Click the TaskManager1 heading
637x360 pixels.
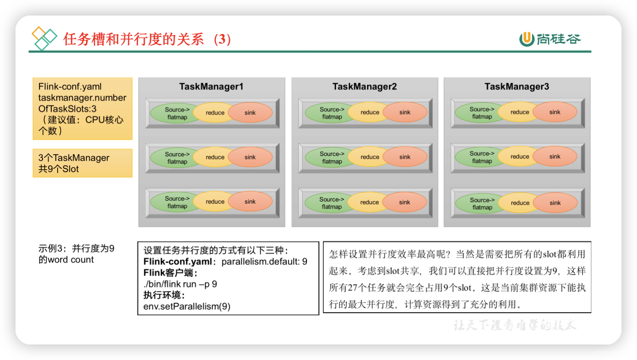click(x=211, y=87)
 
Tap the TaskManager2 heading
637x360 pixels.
click(x=364, y=87)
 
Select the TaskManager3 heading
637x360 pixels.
click(x=516, y=87)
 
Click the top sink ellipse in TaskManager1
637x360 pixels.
click(x=250, y=113)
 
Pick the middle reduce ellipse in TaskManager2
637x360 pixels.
click(x=369, y=157)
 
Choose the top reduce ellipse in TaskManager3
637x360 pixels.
click(x=519, y=112)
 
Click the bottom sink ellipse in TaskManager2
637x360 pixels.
click(x=405, y=202)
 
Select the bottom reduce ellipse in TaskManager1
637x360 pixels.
click(x=214, y=202)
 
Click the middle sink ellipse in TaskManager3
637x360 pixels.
click(x=555, y=157)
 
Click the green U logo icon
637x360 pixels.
click(x=526, y=39)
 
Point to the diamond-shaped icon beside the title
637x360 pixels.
click(x=44, y=38)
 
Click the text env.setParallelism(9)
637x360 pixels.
click(x=187, y=307)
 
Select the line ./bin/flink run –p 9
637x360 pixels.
click(x=180, y=284)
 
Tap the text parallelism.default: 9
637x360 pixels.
click(x=264, y=262)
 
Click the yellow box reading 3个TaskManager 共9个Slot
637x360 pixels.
click(x=82, y=163)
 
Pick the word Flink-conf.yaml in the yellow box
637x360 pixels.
click(x=70, y=87)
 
